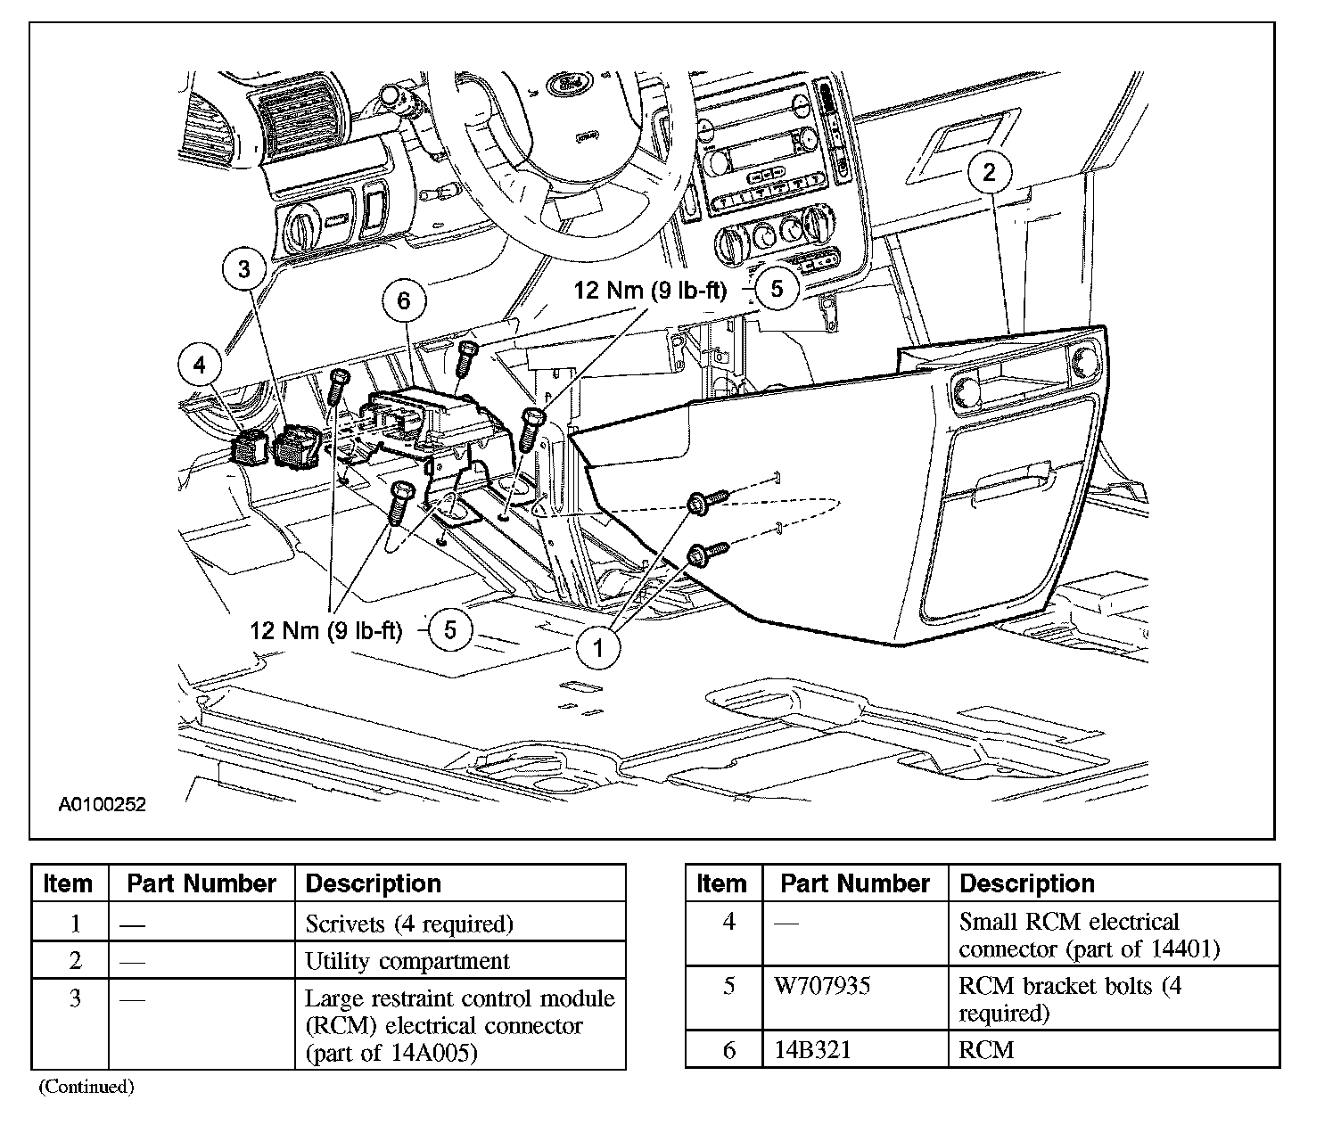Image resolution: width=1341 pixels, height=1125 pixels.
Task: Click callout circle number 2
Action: click(989, 172)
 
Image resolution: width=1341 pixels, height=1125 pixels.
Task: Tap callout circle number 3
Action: click(245, 268)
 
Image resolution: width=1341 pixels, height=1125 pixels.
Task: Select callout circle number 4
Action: click(199, 364)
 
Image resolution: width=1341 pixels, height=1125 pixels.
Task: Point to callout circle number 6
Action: click(404, 301)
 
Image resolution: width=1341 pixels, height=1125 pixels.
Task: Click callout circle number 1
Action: click(597, 647)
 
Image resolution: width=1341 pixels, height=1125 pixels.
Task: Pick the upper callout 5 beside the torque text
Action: click(777, 289)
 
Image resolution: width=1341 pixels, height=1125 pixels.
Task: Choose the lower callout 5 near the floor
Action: click(450, 630)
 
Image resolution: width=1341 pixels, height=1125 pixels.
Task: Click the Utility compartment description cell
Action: click(407, 961)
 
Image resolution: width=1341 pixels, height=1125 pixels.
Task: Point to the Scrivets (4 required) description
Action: click(409, 924)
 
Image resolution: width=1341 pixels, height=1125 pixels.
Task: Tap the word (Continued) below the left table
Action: click(86, 1087)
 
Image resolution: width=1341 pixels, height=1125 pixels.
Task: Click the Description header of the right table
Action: click(1027, 883)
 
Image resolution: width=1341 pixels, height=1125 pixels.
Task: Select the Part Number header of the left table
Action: click(202, 883)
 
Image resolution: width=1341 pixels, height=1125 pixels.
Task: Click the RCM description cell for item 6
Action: click(987, 1049)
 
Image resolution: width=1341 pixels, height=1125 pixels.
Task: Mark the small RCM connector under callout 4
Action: click(249, 448)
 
